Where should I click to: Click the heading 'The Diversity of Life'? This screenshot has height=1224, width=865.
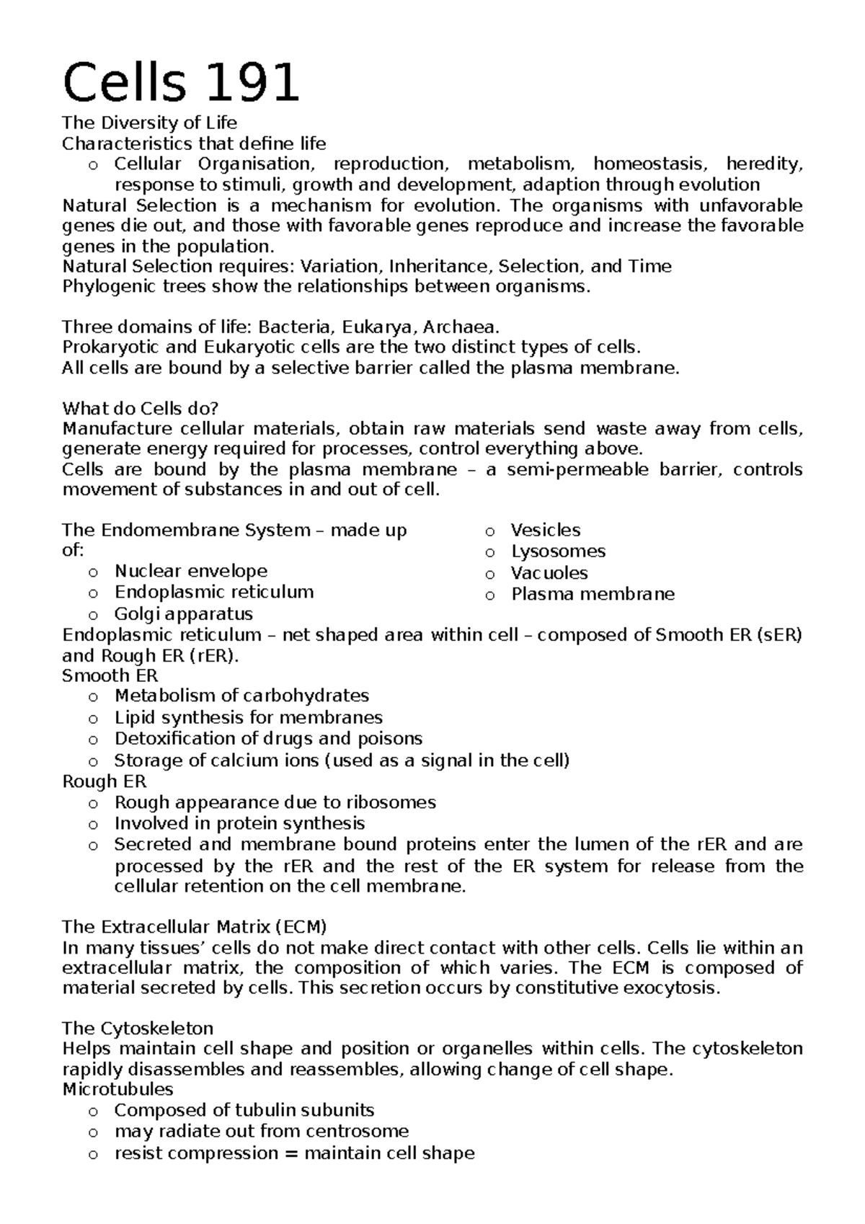click(149, 123)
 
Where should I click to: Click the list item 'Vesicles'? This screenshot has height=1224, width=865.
click(545, 531)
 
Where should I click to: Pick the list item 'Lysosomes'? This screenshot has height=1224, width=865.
click(558, 551)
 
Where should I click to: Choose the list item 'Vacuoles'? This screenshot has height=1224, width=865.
click(549, 573)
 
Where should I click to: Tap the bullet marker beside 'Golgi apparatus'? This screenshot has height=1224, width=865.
click(92, 616)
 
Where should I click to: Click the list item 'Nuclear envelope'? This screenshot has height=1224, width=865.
click(190, 572)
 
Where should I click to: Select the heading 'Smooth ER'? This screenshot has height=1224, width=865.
click(110, 676)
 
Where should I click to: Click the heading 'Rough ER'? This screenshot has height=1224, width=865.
click(104, 781)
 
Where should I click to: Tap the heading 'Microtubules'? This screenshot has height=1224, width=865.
click(117, 1089)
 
